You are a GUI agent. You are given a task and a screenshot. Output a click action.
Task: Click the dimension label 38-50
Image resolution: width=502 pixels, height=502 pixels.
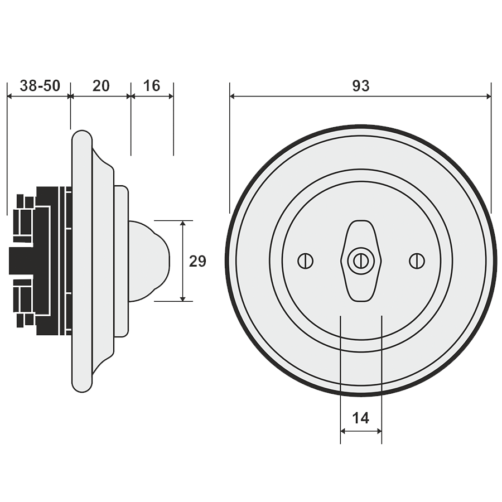pyautogui.click(x=39, y=85)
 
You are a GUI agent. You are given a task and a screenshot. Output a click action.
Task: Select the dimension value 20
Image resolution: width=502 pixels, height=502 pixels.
pyautogui.click(x=101, y=85)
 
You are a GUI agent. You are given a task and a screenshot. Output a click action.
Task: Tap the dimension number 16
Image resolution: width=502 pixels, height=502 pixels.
pyautogui.click(x=151, y=85)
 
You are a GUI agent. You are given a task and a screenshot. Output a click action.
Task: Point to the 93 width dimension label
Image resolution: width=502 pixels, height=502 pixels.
pyautogui.click(x=361, y=85)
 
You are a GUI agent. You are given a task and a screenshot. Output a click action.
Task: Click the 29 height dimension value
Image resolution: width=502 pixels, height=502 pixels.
pyautogui.click(x=198, y=261)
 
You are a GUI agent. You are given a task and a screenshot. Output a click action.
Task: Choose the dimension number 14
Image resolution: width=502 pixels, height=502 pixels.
pyautogui.click(x=361, y=418)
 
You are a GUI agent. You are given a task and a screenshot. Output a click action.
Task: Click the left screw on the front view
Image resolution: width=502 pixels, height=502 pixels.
pyautogui.click(x=306, y=260)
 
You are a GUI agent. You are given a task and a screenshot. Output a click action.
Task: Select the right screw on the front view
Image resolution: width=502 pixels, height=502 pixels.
pyautogui.click(x=416, y=260)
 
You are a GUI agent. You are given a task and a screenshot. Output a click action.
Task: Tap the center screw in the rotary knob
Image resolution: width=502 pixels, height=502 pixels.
pyautogui.click(x=360, y=259)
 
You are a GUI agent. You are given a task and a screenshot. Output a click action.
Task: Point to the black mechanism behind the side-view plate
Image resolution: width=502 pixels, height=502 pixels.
pyautogui.click(x=42, y=259)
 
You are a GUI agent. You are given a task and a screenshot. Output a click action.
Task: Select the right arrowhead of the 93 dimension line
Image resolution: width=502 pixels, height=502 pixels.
pyautogui.click(x=488, y=96)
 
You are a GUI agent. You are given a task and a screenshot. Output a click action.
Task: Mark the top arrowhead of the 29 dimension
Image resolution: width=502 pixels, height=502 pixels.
pyautogui.click(x=184, y=224)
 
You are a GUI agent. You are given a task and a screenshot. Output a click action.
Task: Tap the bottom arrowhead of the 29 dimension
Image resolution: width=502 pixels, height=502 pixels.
pyautogui.click(x=184, y=298)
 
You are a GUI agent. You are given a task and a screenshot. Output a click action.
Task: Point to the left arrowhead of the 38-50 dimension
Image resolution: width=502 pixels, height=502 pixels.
pyautogui.click(x=10, y=96)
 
